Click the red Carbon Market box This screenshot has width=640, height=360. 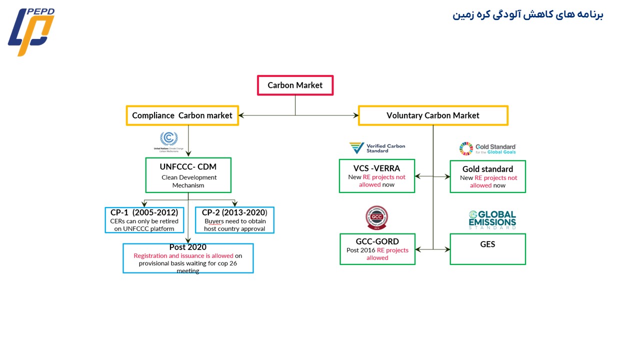pos(295,85)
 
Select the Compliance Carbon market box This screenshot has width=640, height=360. pos(182,115)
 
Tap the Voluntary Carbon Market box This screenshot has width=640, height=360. pos(433,115)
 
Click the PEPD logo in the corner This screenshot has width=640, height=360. pos(31,31)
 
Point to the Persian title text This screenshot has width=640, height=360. pos(528,14)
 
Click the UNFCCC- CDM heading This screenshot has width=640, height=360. pos(188,166)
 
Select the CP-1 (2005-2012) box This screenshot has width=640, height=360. pos(144,220)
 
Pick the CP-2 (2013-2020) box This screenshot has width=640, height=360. pos(234,220)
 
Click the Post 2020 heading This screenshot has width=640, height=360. pos(187,247)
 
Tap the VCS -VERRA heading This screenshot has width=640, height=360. pos(376,168)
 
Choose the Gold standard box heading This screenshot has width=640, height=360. pos(487,169)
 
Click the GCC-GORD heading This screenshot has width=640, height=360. pos(377,241)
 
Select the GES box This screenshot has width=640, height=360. pos(487,249)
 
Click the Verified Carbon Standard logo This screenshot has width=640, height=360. pos(377,148)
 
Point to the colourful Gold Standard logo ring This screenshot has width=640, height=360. pos(466,148)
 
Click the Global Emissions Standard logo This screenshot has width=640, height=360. pos(492,220)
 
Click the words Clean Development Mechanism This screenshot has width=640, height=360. pos(188,181)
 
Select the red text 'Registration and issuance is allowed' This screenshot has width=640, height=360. pos(183,255)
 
